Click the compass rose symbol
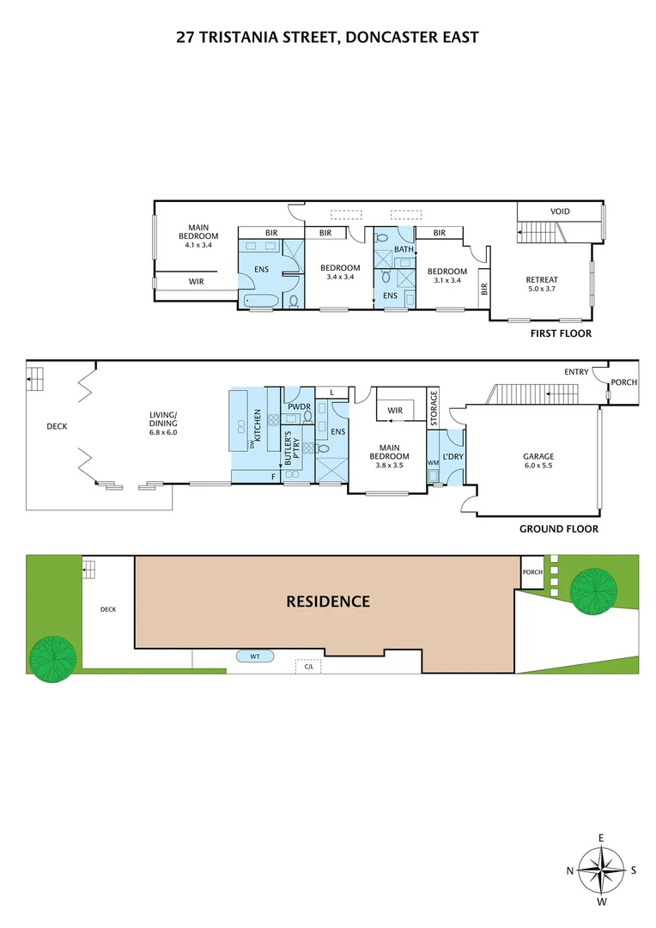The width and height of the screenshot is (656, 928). click(602, 870)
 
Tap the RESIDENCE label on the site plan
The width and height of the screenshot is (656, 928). click(328, 601)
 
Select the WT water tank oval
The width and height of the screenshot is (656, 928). click(255, 656)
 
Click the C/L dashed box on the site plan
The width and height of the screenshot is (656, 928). click(307, 666)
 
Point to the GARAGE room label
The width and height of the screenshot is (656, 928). click(538, 456)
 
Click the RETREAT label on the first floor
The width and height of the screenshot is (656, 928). click(541, 279)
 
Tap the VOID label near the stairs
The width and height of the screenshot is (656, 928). click(560, 211)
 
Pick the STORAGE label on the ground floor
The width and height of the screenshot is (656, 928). click(434, 409)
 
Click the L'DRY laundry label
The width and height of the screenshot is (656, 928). click(453, 455)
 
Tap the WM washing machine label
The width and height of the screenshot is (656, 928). click(433, 462)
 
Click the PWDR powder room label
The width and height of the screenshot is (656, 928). click(299, 406)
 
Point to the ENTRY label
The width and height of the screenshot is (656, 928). click(577, 371)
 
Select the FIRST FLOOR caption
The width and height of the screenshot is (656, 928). click(561, 333)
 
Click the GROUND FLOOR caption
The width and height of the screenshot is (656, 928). click(558, 528)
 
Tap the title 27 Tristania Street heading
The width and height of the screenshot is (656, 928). click(327, 37)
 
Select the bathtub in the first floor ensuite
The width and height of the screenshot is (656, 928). click(258, 300)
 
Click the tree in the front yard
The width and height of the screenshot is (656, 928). click(588, 589)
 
